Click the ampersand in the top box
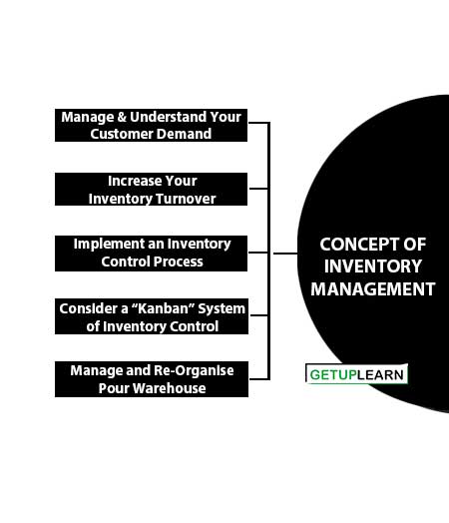[122, 117]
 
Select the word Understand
[168, 117]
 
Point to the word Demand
[184, 134]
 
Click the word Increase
[135, 181]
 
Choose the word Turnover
[187, 199]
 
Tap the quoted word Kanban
[163, 308]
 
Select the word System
[222, 309]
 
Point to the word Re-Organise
[194, 370]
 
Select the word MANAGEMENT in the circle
[373, 288]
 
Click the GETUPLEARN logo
[356, 374]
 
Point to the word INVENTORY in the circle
[373, 266]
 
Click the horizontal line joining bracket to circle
[285, 254]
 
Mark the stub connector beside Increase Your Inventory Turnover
[258, 189]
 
